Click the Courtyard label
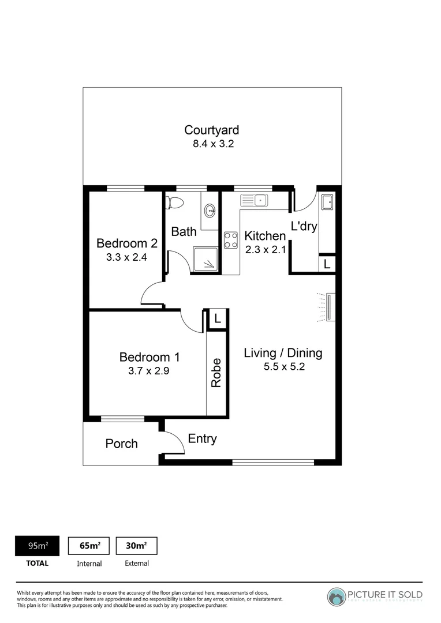[x=211, y=130]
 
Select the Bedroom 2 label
[x=126, y=243]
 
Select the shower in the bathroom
[x=206, y=259]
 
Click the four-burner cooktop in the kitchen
[x=231, y=240]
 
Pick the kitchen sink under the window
[x=255, y=201]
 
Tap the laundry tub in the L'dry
[x=327, y=202]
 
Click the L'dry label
[x=304, y=226]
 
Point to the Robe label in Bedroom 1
[x=216, y=373]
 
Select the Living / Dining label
[x=282, y=353]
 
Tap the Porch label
[x=121, y=444]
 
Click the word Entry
[x=202, y=439]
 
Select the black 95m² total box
[x=38, y=546]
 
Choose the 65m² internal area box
[x=89, y=546]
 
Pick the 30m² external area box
[x=136, y=546]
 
